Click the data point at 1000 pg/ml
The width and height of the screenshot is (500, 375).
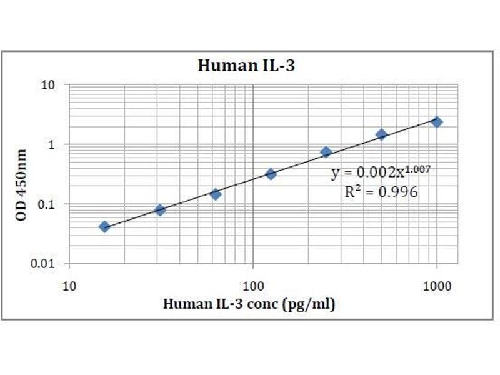(x=437, y=122)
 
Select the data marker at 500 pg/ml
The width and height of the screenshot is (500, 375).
(x=381, y=134)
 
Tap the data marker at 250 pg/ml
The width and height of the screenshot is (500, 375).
(x=326, y=152)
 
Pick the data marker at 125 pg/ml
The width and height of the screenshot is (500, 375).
(x=271, y=174)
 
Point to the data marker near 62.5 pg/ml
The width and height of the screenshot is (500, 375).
(x=215, y=194)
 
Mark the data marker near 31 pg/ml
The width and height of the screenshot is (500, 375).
(x=160, y=210)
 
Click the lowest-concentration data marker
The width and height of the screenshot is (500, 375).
(x=104, y=226)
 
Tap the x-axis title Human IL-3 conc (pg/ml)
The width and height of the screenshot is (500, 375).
(x=249, y=304)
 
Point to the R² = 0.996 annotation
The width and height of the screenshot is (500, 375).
(x=381, y=193)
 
